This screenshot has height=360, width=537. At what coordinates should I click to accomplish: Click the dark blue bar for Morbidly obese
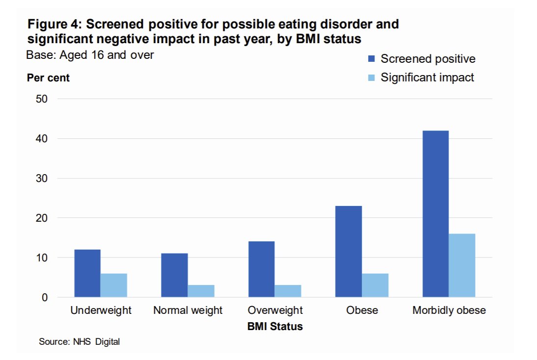(435, 214)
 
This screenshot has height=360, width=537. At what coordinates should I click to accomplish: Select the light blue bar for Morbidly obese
(462, 265)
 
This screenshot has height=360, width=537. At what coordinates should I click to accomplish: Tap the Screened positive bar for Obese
(349, 252)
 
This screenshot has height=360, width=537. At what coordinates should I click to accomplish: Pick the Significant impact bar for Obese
(375, 285)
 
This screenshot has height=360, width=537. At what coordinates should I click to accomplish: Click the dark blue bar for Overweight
(261, 269)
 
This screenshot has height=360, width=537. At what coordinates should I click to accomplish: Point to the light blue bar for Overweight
(288, 291)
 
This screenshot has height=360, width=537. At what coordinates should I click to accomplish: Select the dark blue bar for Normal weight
(174, 275)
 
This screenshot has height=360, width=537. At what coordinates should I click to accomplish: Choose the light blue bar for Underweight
(114, 285)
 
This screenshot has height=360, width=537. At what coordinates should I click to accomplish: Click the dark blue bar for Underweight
(87, 273)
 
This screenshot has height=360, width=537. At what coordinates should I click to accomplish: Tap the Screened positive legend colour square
(372, 59)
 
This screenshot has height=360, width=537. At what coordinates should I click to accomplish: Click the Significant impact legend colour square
(372, 77)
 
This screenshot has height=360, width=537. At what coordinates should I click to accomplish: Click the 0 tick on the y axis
(45, 297)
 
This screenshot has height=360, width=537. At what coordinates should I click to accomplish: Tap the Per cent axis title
(48, 78)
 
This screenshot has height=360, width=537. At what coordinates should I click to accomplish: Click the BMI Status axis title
(275, 326)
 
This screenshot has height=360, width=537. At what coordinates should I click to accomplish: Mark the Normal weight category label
(188, 310)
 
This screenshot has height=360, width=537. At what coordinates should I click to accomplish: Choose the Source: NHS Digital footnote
(79, 342)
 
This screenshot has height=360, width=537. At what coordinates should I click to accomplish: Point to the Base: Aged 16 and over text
(90, 55)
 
